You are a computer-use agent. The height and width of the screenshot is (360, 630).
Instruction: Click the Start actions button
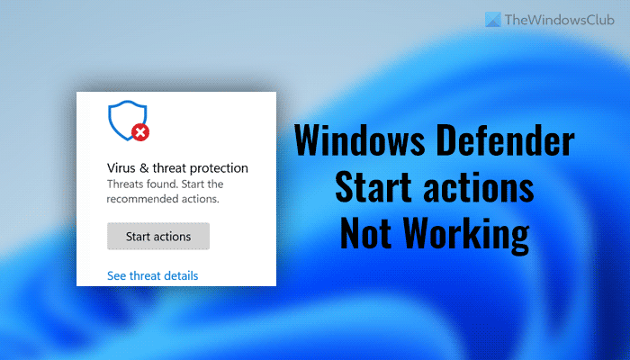[x=158, y=237]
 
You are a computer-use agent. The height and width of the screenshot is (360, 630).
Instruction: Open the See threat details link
[x=152, y=275]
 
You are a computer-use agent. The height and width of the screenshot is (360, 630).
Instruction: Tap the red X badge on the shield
[x=139, y=133]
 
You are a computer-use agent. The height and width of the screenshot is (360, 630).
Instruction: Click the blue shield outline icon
[x=121, y=120]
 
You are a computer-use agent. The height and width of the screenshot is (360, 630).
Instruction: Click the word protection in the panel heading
[x=216, y=168]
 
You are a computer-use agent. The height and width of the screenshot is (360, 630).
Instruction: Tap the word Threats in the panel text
[x=128, y=184]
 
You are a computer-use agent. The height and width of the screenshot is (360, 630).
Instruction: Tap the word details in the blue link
[x=180, y=275]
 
